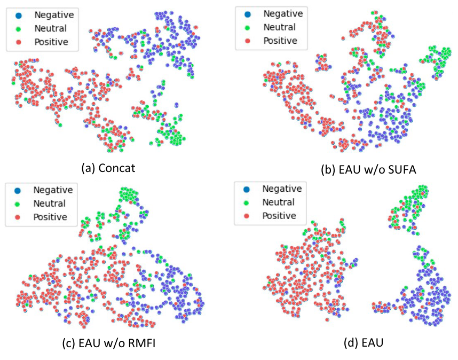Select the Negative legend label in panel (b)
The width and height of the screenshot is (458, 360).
coord(283,14)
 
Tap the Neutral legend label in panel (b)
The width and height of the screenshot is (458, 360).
coord(280,27)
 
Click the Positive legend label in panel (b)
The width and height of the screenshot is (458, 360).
coord(281,41)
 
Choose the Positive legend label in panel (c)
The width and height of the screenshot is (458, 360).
coord(50,217)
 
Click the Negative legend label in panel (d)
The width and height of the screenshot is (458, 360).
coord(282,189)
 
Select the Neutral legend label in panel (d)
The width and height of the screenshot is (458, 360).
coord(279,202)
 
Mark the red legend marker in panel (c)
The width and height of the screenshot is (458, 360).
coord(18,217)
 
